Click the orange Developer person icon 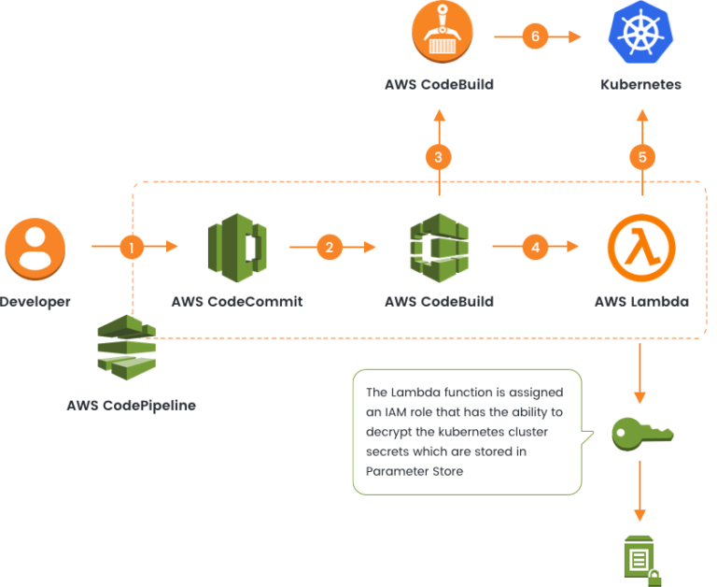pyautogui.click(x=35, y=247)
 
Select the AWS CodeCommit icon pyautogui.click(x=237, y=247)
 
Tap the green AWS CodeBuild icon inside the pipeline pyautogui.click(x=439, y=247)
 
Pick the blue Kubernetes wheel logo pyautogui.click(x=640, y=34)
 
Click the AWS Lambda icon pyautogui.click(x=640, y=247)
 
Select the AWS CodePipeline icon pyautogui.click(x=128, y=348)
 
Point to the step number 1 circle pyautogui.click(x=133, y=248)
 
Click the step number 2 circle pyautogui.click(x=329, y=248)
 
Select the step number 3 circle pyautogui.click(x=439, y=156)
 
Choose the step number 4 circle pyautogui.click(x=535, y=248)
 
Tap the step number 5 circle pyautogui.click(x=641, y=156)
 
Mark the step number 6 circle pyautogui.click(x=535, y=36)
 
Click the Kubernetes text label pyautogui.click(x=640, y=85)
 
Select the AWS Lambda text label pyautogui.click(x=641, y=302)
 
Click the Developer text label pyautogui.click(x=35, y=302)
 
